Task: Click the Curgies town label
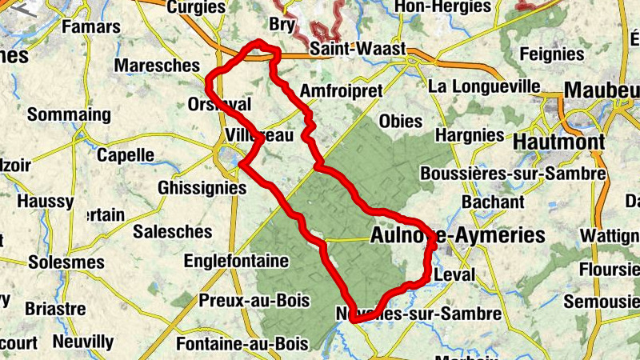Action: point(196,7)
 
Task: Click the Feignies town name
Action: point(551,54)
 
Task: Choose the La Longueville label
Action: point(485,85)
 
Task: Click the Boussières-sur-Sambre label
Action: point(513,174)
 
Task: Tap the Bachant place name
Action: point(492,203)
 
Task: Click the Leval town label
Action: point(455,274)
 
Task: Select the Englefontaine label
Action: point(236,261)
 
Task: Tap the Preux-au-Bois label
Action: point(242,301)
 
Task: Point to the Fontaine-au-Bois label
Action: point(242,344)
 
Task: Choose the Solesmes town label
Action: point(66,262)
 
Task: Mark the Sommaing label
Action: point(70,115)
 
